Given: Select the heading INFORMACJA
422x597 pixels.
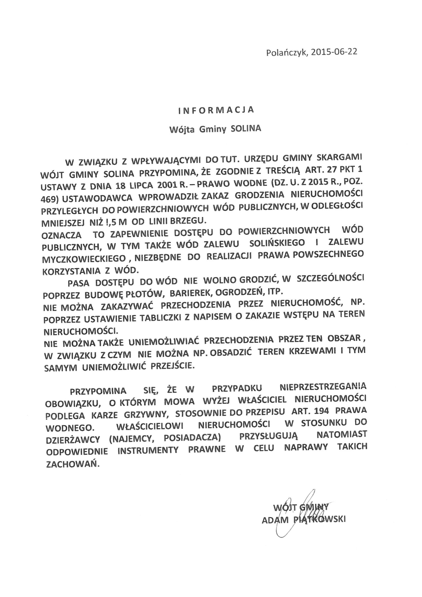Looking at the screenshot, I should [x=216, y=110].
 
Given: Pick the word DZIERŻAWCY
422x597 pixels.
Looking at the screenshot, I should [x=73, y=439].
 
